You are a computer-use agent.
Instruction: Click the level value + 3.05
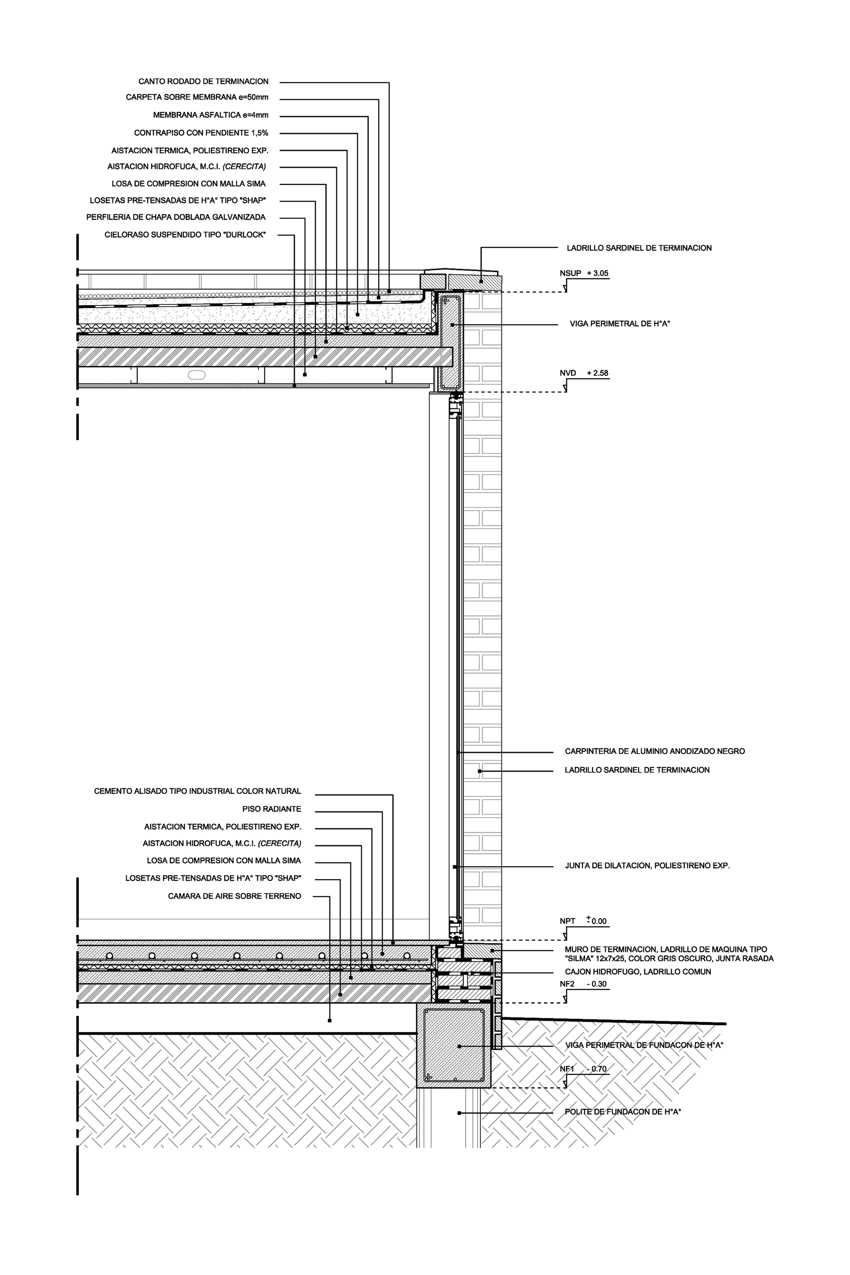(598, 274)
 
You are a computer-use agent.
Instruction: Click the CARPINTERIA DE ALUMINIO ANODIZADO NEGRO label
(654, 751)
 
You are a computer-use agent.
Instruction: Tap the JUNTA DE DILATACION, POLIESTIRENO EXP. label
(647, 866)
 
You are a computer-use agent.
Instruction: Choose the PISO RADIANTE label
(272, 809)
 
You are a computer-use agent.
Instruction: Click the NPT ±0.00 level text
(583, 921)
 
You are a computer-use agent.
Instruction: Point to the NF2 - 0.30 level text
(583, 984)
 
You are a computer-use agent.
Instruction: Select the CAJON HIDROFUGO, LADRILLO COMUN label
(637, 972)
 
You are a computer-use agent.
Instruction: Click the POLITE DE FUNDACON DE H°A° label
(622, 1112)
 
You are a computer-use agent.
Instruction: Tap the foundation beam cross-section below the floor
(454, 1045)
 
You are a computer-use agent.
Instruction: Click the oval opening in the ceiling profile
(196, 374)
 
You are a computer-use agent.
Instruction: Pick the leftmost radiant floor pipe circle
(110, 956)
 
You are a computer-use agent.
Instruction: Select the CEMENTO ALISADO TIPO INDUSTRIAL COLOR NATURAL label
(197, 791)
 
